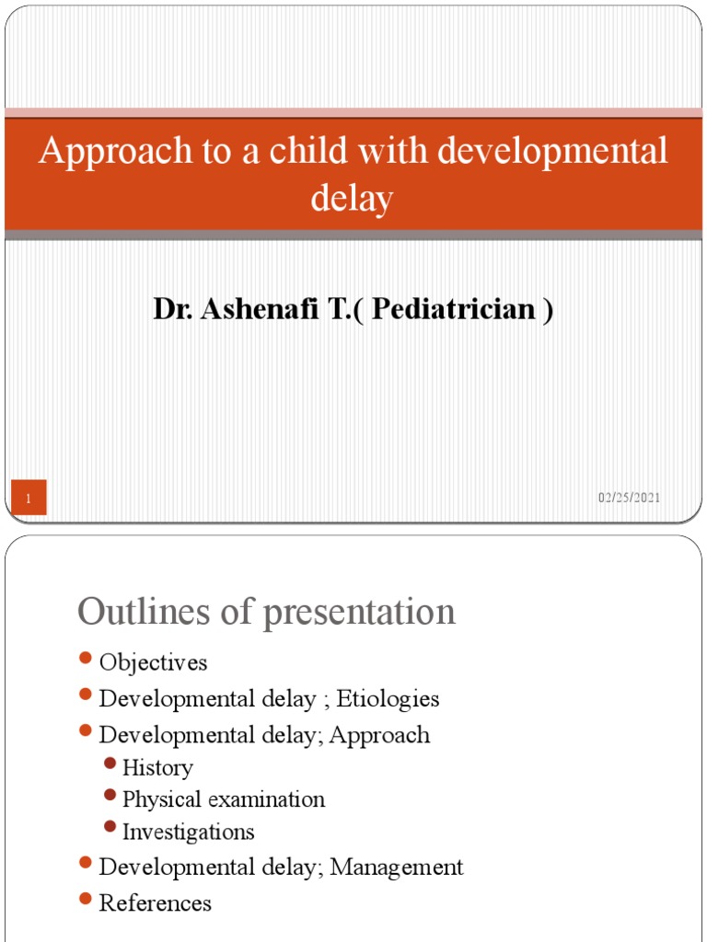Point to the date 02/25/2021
click(x=629, y=498)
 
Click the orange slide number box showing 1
click(x=29, y=499)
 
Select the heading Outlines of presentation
click(x=266, y=611)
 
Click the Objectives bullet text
click(x=153, y=662)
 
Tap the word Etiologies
click(x=388, y=699)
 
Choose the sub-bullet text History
click(x=157, y=768)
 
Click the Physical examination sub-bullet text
click(x=224, y=799)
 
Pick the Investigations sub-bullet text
click(x=188, y=833)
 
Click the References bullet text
click(x=155, y=903)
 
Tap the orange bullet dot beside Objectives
click(x=87, y=659)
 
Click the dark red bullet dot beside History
click(x=110, y=764)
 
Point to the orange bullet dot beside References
click(x=87, y=899)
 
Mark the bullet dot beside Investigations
click(x=110, y=828)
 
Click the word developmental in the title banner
click(x=553, y=152)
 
